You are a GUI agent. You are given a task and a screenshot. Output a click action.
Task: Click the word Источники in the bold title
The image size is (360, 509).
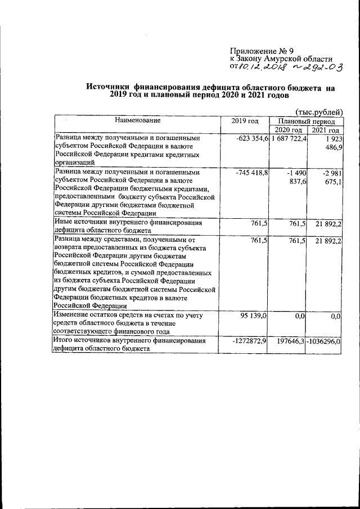(108, 88)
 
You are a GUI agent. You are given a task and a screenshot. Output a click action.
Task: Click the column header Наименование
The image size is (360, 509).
(138, 121)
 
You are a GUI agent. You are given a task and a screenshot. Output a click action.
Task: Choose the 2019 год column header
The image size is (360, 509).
(245, 121)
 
